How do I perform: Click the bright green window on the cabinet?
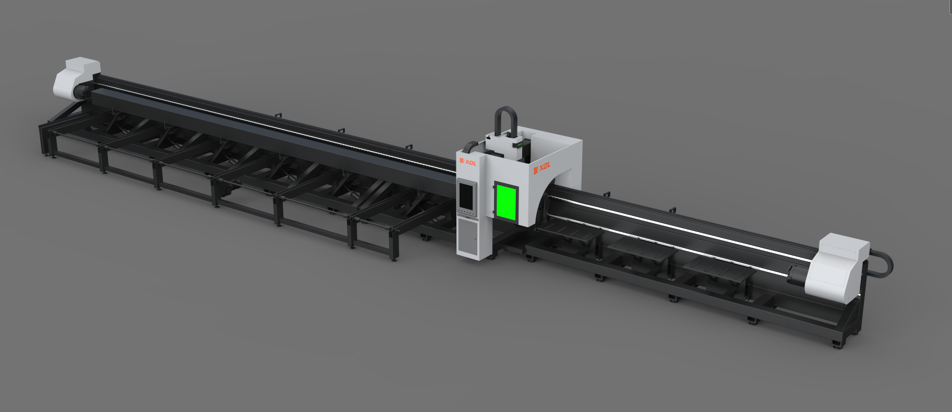[x=505, y=202]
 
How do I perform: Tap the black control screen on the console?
[x=465, y=194]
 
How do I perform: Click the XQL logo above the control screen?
[x=468, y=162]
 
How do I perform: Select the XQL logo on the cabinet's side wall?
[x=542, y=167]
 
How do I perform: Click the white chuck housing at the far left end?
[x=76, y=78]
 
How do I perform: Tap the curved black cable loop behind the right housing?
[x=882, y=264]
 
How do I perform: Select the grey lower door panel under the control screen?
[x=468, y=238]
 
